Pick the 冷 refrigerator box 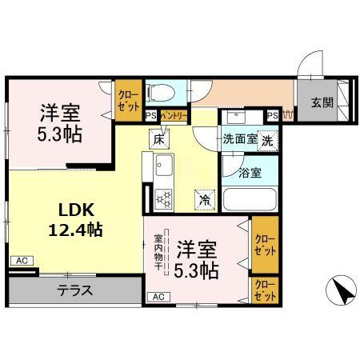206,198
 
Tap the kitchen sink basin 166,167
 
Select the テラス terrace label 76,290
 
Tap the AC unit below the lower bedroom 158,298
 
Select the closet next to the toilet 128,98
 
